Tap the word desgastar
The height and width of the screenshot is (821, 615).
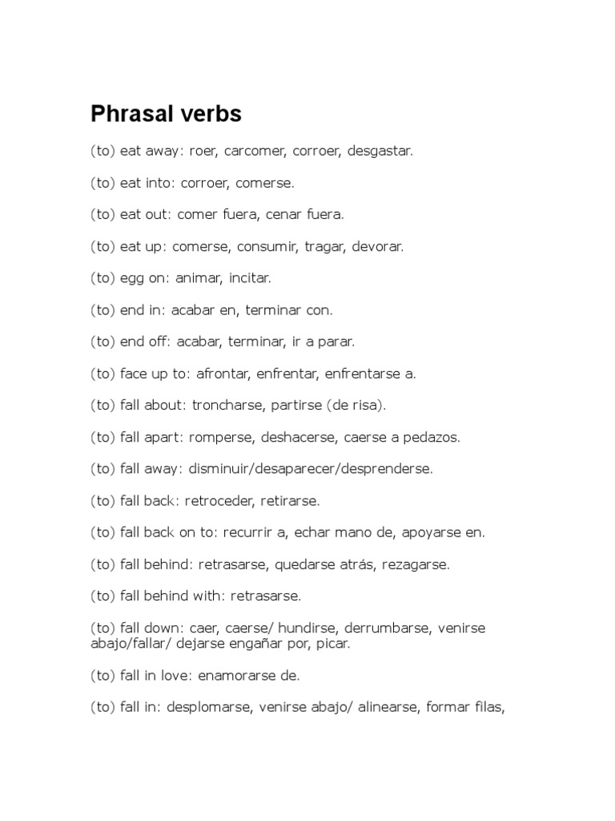(380, 151)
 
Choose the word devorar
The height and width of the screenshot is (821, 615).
(377, 246)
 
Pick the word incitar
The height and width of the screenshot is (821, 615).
(250, 278)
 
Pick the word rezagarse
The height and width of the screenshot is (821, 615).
(418, 564)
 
